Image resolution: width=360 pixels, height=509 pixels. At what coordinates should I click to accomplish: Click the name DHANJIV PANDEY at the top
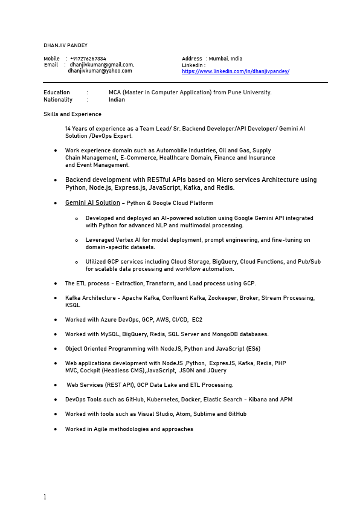65,45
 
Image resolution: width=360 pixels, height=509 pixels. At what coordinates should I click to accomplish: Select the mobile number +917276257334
88,59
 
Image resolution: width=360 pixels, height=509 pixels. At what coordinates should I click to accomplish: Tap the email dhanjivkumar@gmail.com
101,64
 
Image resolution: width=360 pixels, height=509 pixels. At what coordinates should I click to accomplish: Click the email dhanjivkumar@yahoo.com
100,71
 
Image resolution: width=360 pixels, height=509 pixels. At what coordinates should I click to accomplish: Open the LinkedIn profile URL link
236,71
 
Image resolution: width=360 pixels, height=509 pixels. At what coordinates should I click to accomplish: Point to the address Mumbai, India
225,59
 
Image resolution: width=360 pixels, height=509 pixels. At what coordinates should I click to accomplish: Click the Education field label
57,92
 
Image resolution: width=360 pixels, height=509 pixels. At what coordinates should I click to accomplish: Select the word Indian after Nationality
117,100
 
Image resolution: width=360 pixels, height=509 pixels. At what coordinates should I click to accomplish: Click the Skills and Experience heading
72,114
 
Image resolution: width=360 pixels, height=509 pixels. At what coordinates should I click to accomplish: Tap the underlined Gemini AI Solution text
92,203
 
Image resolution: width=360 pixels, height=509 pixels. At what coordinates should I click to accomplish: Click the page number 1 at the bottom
45,497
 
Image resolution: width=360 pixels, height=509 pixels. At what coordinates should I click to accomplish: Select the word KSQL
72,305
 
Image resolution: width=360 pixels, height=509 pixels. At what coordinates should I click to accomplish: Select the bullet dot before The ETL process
56,284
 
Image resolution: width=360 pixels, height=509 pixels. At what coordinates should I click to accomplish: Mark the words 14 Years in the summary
76,129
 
